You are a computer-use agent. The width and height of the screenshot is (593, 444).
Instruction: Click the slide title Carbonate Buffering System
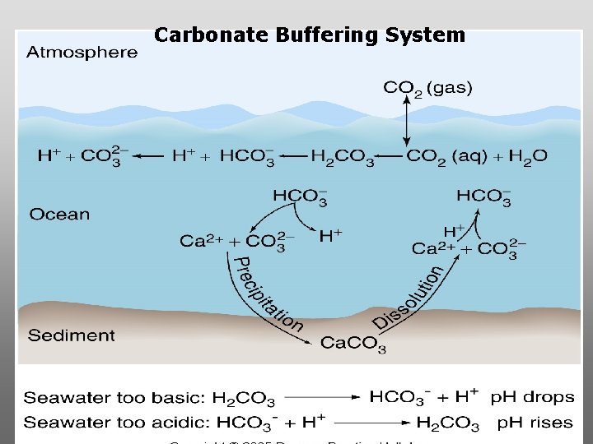(x=310, y=35)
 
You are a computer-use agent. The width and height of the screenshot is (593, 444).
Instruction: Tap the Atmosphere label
(x=82, y=53)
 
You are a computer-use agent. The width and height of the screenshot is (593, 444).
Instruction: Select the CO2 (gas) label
(x=427, y=89)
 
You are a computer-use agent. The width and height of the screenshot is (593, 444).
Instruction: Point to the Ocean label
(x=59, y=215)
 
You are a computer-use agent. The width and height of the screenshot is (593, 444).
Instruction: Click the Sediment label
(x=72, y=335)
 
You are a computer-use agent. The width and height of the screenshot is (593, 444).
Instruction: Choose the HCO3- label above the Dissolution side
(x=484, y=197)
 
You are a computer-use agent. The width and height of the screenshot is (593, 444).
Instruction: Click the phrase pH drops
(x=532, y=397)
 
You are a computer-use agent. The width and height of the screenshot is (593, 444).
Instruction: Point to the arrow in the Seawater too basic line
(x=321, y=398)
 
